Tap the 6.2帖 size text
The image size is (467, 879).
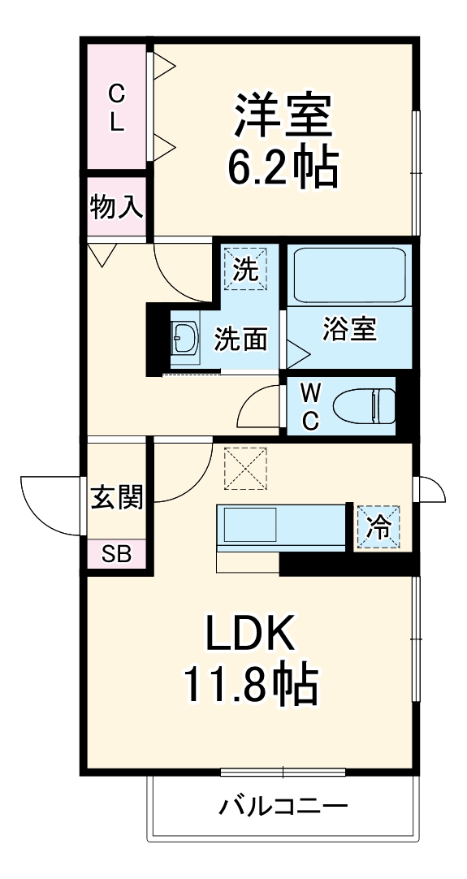(x=283, y=167)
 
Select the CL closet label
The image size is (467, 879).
(x=118, y=110)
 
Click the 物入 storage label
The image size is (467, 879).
(x=117, y=207)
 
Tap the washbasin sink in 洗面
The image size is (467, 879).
(x=185, y=338)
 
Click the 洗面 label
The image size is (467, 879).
(x=240, y=340)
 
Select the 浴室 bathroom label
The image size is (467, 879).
(x=349, y=331)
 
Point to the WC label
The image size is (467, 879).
(x=309, y=405)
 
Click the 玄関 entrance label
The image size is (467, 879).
(x=116, y=497)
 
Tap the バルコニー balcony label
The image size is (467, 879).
(x=283, y=807)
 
